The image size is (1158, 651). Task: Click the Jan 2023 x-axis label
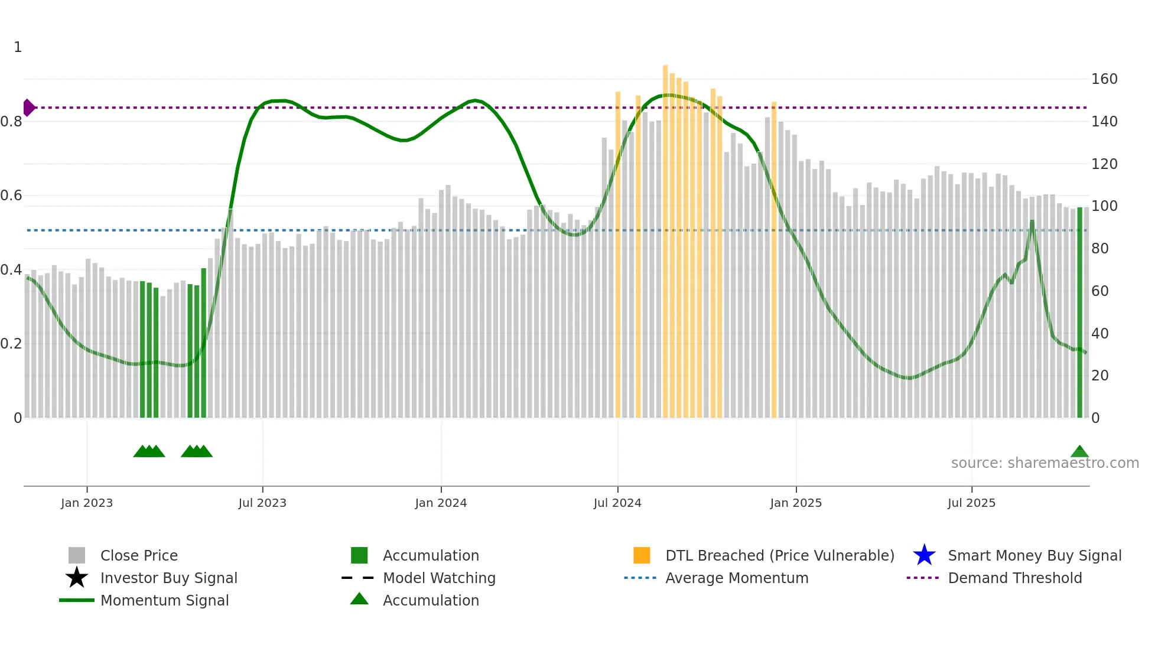[86, 503]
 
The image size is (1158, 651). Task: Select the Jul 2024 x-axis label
[617, 503]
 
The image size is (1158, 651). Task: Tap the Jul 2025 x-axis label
[971, 503]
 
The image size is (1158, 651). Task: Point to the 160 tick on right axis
[1104, 79]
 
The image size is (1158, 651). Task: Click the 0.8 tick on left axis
[11, 122]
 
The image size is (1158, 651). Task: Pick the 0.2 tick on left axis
[11, 344]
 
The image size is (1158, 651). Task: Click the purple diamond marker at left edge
[28, 108]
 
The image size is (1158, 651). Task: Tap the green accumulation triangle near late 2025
[1079, 452]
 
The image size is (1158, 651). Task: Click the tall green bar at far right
[1079, 313]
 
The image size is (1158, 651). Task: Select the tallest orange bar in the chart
[665, 236]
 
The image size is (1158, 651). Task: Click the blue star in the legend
[924, 555]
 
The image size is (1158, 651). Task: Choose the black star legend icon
[77, 578]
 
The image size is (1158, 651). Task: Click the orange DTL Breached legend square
[642, 555]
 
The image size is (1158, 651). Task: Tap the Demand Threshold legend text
[1014, 578]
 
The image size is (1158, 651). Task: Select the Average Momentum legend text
[737, 578]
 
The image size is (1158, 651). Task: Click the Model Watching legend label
[439, 578]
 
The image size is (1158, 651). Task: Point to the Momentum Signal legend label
[164, 600]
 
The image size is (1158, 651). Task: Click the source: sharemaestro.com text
[1045, 463]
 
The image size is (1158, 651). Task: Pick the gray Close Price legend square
[77, 555]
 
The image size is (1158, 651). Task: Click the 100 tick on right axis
[1104, 206]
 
